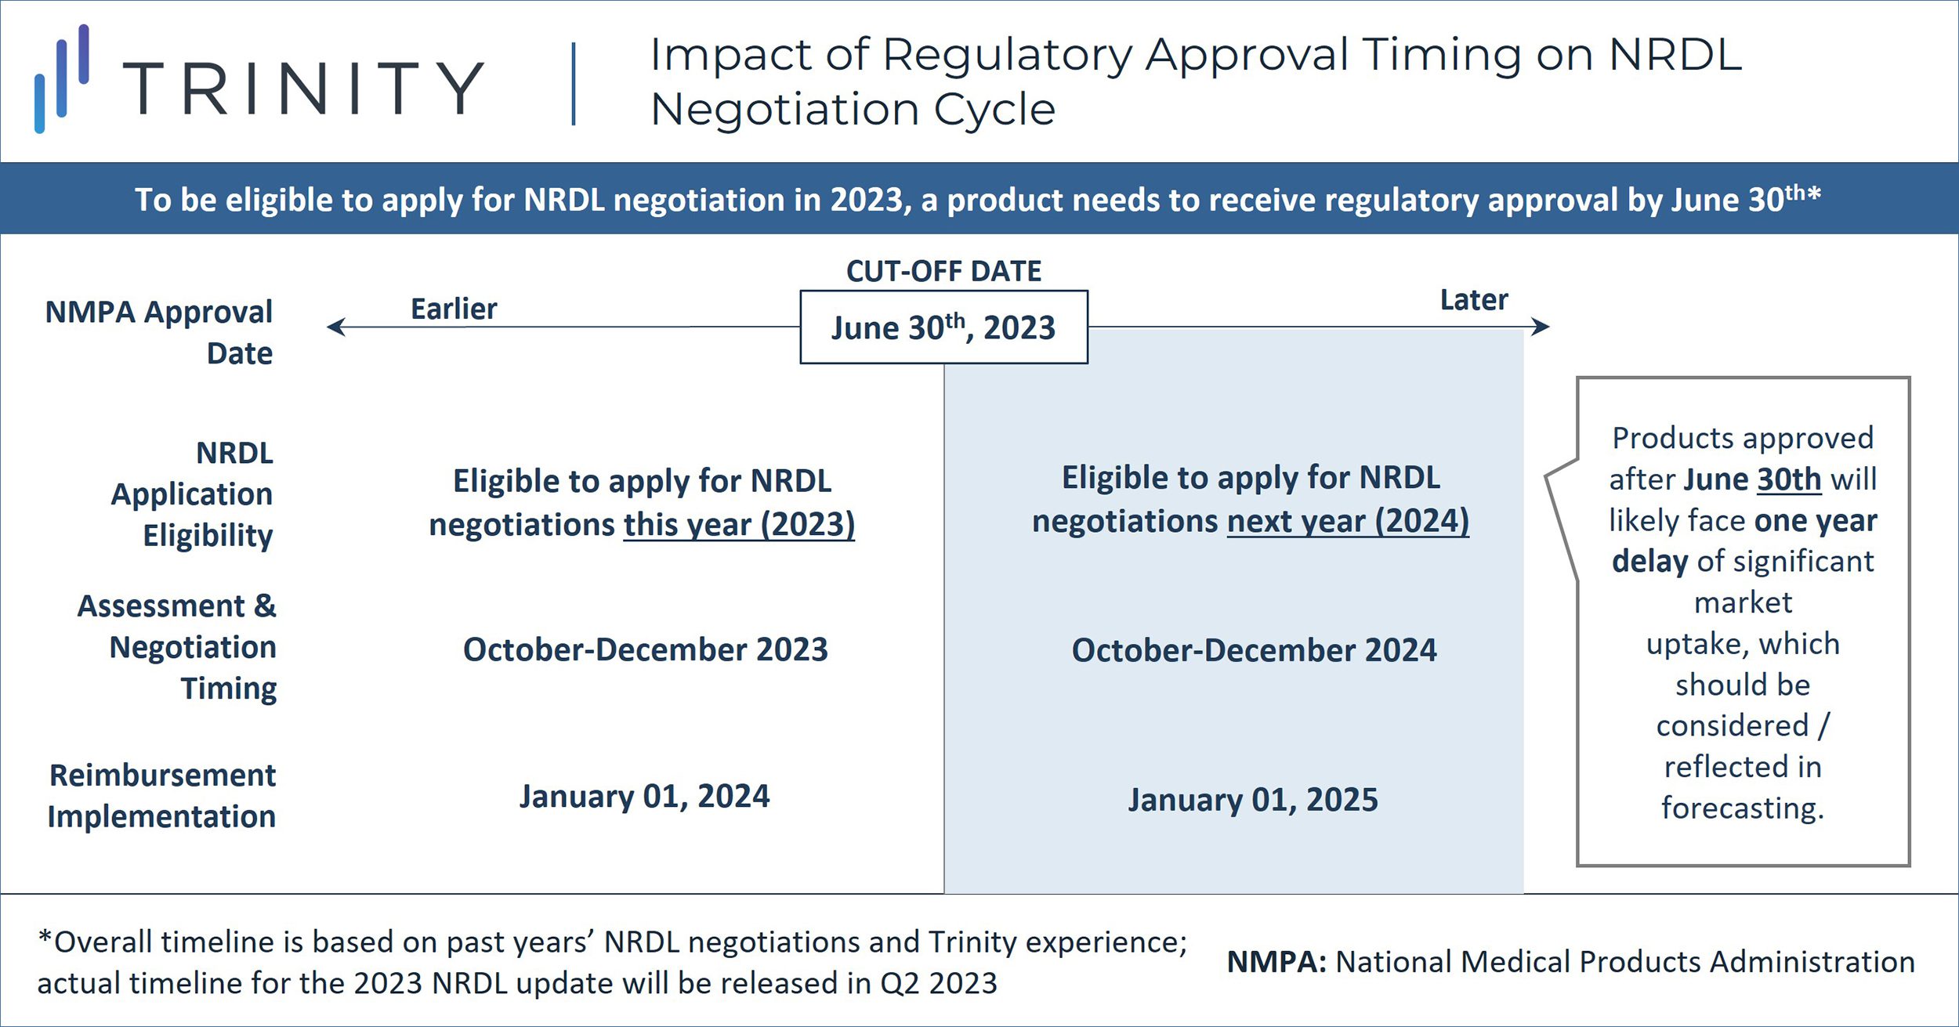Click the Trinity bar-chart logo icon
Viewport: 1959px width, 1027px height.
point(62,78)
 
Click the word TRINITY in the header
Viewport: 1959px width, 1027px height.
point(304,89)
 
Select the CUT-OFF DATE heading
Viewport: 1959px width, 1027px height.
point(943,271)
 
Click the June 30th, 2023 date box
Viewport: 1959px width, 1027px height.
point(943,327)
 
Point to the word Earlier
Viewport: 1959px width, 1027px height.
point(454,309)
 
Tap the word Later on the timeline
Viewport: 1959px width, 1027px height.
point(1474,300)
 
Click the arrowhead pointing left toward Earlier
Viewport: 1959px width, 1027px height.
point(335,327)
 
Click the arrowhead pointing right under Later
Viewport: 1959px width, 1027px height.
point(1541,327)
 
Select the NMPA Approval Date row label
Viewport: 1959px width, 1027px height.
point(159,332)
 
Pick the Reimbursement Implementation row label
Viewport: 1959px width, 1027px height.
point(162,795)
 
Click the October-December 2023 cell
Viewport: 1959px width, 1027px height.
point(646,649)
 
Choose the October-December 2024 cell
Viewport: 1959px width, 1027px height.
point(1254,650)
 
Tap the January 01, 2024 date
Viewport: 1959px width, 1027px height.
point(644,797)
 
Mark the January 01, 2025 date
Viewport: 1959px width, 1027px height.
point(1253,800)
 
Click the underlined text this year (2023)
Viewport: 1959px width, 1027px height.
point(739,525)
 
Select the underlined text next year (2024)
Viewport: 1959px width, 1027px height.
point(1348,521)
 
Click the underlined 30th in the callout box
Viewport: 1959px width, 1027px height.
point(1789,479)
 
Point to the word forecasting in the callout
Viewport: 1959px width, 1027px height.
point(1743,808)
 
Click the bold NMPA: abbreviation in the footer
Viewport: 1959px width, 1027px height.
point(1276,962)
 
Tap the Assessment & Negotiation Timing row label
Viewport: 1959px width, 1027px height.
point(177,647)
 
